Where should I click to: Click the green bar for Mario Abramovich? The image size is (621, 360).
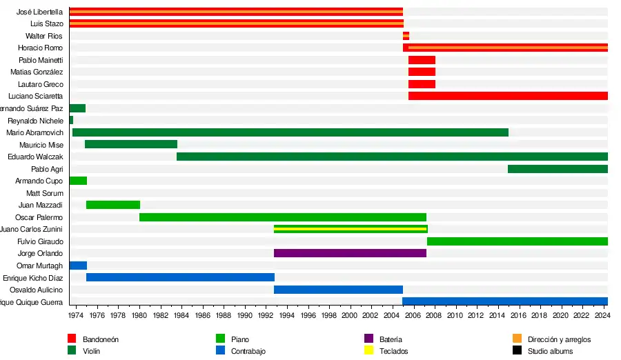[290, 132]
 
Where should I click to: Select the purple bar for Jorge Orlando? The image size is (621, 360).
[350, 253]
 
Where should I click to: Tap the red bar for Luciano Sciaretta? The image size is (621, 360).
[508, 96]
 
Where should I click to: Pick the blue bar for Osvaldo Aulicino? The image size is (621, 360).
[338, 290]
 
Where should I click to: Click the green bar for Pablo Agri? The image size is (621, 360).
[558, 169]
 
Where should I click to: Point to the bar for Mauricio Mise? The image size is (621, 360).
[131, 144]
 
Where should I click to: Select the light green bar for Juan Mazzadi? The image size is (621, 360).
[113, 205]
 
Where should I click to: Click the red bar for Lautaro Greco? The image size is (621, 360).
[422, 84]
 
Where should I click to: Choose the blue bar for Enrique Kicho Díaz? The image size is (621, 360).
[180, 277]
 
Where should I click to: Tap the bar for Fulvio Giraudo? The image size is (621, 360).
[517, 241]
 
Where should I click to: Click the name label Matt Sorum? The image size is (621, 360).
[45, 194]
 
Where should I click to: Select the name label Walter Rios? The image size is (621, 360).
[44, 36]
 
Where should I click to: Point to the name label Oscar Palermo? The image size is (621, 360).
[39, 218]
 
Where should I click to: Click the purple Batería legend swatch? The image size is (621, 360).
[368, 339]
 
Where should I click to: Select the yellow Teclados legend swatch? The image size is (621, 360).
[368, 350]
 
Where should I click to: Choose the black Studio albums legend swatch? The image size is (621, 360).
[517, 350]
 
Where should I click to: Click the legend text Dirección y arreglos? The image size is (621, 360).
[559, 339]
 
